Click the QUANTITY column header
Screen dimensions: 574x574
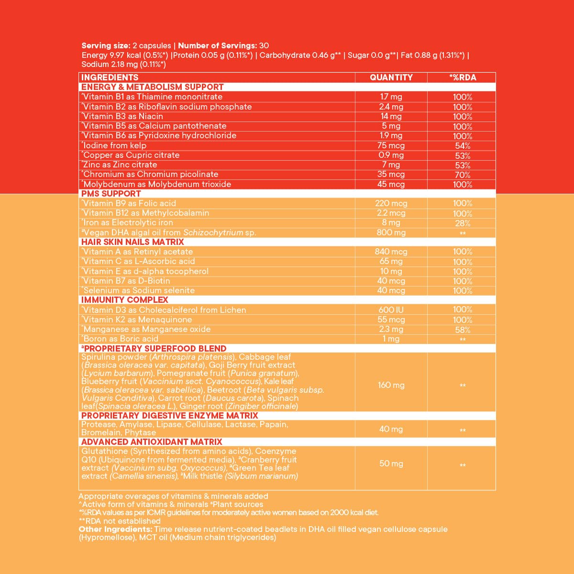point(391,77)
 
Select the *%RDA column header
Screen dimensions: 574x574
point(462,77)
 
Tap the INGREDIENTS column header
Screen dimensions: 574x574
point(110,77)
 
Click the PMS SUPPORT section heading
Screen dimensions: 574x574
point(111,194)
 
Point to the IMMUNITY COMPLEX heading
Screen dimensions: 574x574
point(125,300)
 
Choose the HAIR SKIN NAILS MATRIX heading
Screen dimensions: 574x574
point(132,242)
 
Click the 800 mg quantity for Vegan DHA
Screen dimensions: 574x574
point(391,232)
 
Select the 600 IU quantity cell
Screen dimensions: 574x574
point(391,310)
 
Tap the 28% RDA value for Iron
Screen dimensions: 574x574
point(463,223)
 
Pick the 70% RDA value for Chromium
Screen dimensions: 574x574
point(463,175)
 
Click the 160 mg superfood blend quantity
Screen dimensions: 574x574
point(391,385)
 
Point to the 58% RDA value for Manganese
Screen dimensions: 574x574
point(463,330)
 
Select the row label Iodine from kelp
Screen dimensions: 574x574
point(115,145)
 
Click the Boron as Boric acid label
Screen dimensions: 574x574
point(121,339)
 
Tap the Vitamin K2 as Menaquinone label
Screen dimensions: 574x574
point(138,320)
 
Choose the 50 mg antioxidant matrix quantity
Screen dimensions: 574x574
point(391,464)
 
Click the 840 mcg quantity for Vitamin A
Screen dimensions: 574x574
point(391,252)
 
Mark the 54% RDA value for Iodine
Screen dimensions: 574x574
point(463,145)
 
